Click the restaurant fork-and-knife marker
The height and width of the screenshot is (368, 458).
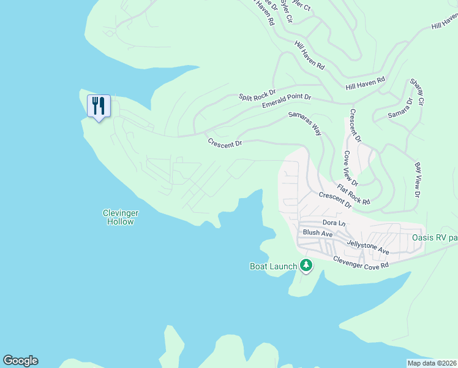(98, 107)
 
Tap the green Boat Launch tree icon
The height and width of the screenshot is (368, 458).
(306, 266)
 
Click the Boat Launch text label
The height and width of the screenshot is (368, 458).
(273, 266)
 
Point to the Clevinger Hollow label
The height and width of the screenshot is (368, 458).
(121, 217)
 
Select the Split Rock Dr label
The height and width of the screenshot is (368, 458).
(257, 96)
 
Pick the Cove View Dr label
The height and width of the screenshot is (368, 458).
(350, 168)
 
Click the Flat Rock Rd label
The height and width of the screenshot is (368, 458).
(354, 193)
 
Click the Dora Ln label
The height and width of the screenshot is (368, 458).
(334, 222)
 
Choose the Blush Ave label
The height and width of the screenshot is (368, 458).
(318, 234)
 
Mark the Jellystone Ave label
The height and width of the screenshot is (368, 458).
(368, 247)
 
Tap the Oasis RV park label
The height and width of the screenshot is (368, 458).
(434, 237)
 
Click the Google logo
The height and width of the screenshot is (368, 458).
(20, 361)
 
